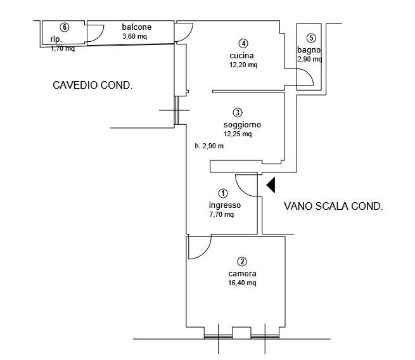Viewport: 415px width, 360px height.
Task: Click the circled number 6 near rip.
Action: [65, 27]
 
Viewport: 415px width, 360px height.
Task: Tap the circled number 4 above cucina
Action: [243, 43]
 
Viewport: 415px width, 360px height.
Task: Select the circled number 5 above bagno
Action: [311, 38]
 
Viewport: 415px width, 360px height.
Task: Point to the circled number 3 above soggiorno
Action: [238, 113]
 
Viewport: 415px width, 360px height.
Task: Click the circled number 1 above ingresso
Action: [223, 193]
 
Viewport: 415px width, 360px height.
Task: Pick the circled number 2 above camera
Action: [242, 262]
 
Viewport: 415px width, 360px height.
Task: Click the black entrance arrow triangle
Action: [271, 185]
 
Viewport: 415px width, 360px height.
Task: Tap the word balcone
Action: [137, 27]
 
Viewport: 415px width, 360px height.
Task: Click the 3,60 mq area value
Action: [134, 36]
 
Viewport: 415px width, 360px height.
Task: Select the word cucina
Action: [241, 56]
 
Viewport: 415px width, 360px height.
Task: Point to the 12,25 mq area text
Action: [238, 134]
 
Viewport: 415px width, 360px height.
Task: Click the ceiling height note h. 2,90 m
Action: [209, 146]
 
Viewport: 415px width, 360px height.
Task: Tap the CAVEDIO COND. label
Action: [93, 85]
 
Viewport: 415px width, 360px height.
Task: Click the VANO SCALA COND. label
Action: [333, 206]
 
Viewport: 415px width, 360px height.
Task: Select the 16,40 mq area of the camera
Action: [242, 283]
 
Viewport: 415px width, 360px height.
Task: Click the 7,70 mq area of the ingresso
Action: [222, 214]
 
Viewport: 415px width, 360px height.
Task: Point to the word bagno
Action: [309, 50]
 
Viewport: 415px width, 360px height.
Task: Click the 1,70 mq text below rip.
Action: [63, 48]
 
